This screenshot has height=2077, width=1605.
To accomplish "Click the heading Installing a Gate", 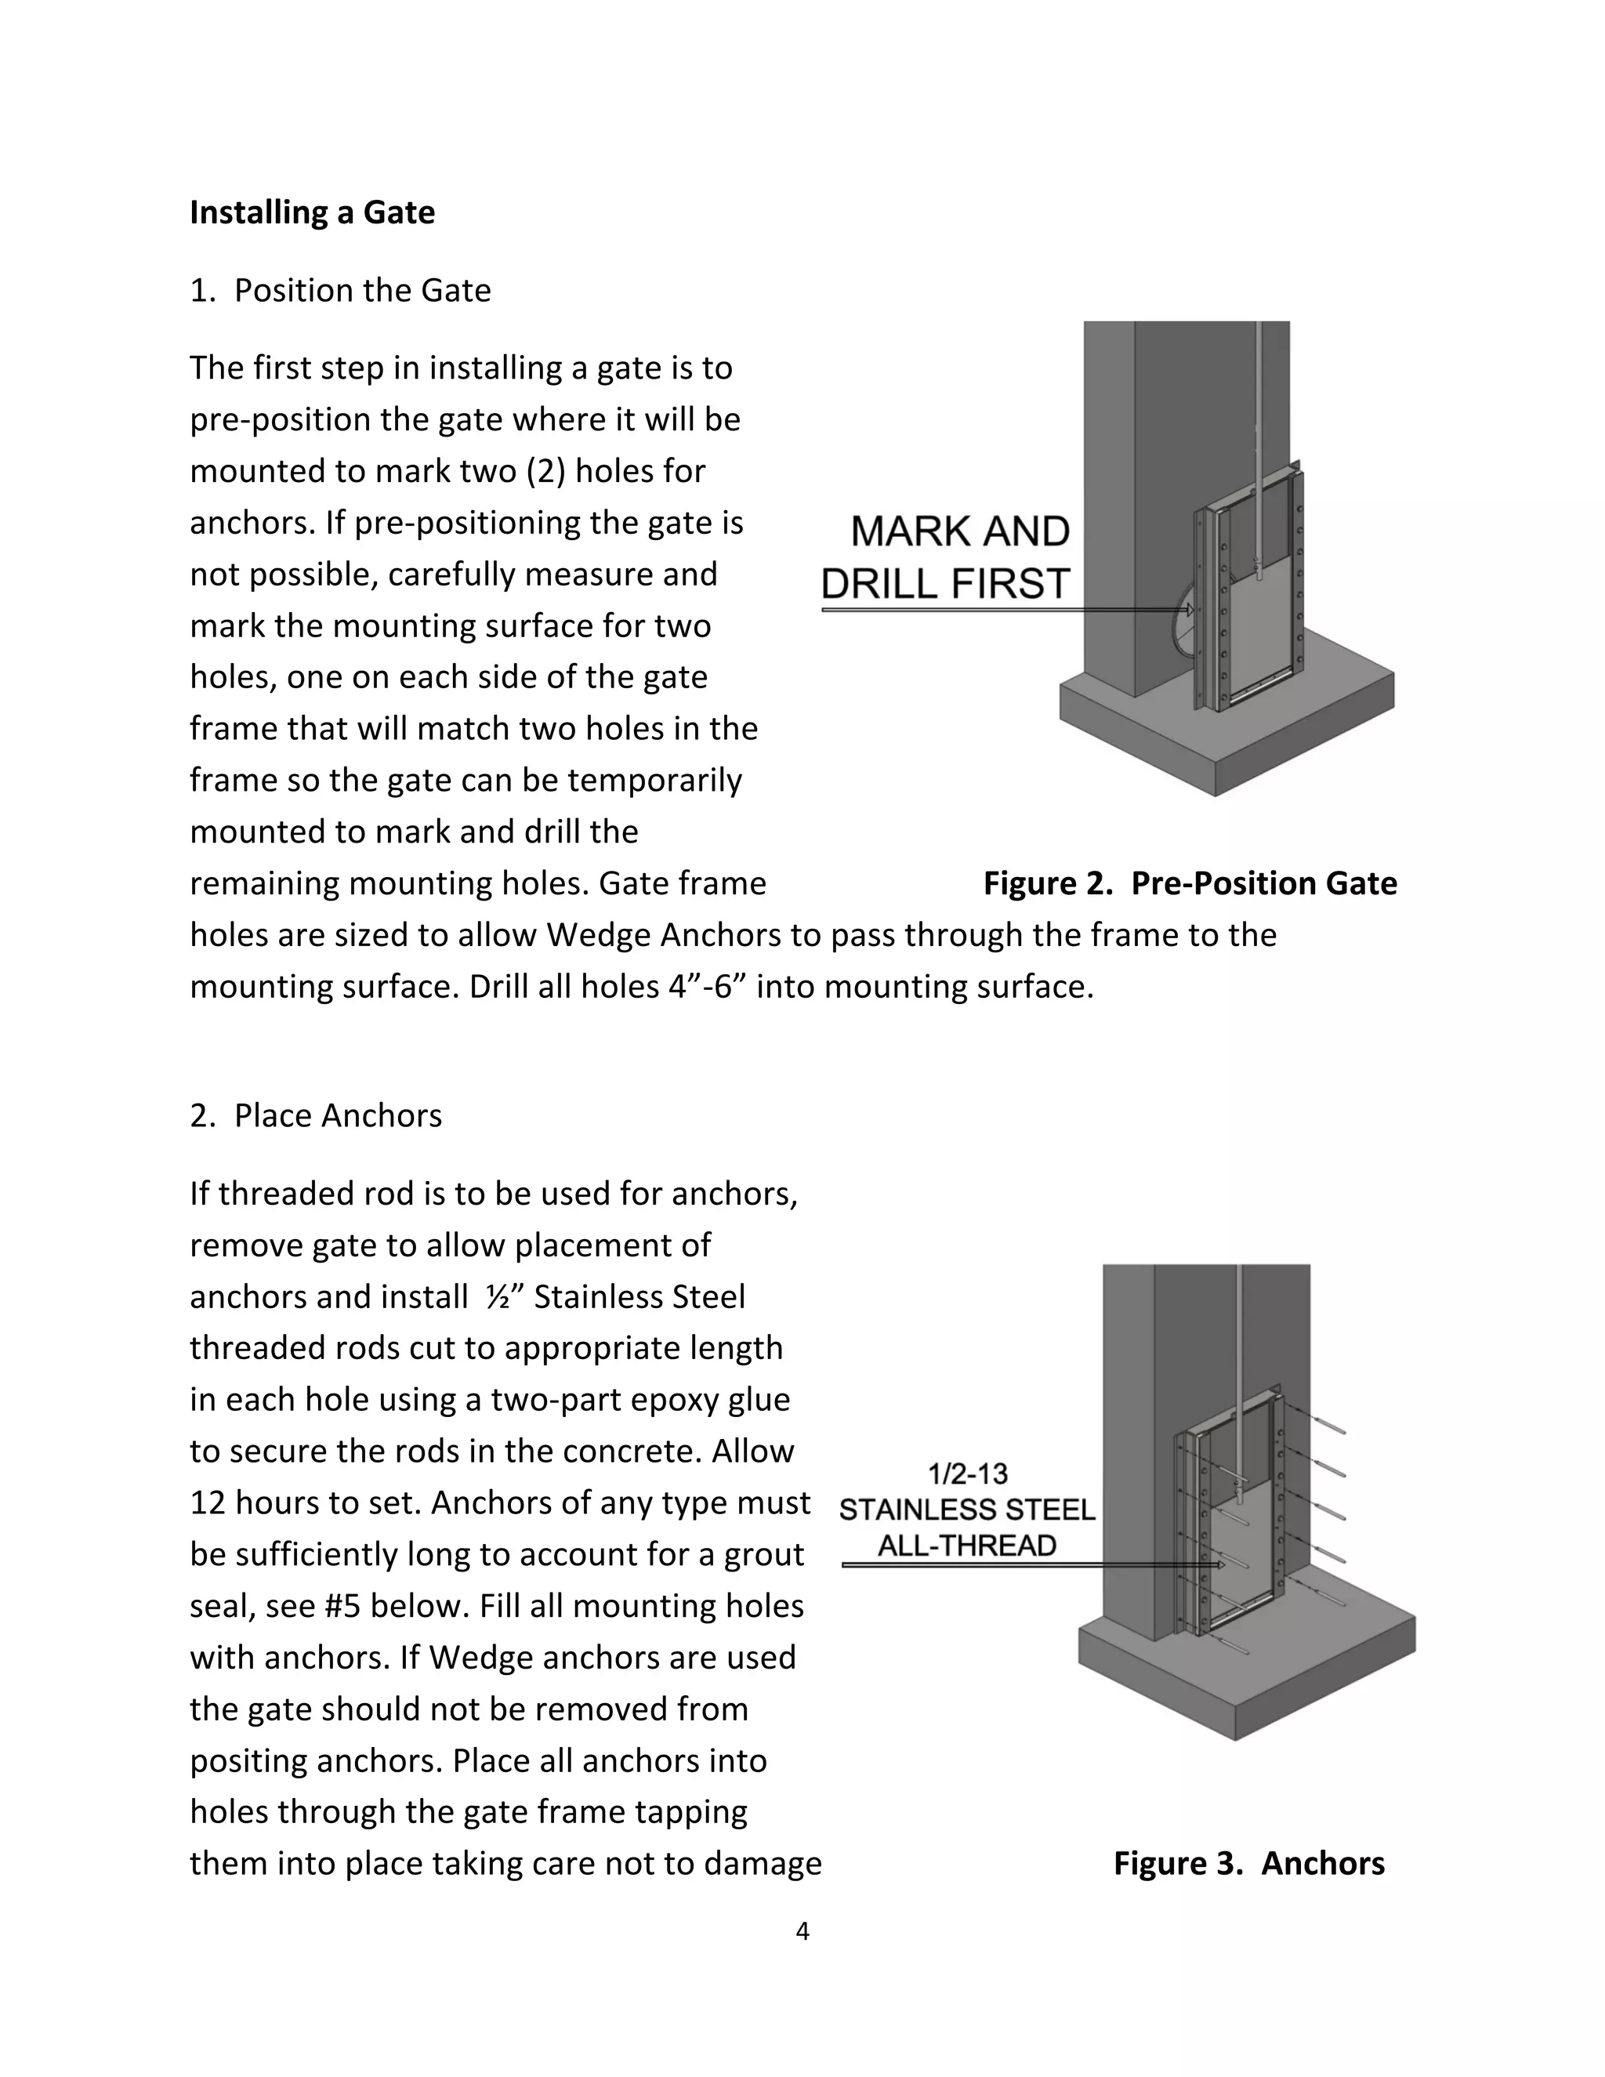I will [312, 212].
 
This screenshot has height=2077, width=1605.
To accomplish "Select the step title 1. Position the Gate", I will [340, 290].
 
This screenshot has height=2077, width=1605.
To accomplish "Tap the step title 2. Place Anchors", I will [316, 1115].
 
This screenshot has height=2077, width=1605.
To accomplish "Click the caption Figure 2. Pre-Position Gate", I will [1190, 883].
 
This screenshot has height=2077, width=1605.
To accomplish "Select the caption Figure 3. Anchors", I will [1248, 1863].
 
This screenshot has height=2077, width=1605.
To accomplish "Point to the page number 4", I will [802, 1931].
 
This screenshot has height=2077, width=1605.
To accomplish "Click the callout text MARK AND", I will [959, 531].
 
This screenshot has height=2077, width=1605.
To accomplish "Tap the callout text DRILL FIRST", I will [945, 584].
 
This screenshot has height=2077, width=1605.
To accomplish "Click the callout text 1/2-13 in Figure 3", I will [967, 1474].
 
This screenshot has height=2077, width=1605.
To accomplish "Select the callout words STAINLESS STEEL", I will [967, 1510].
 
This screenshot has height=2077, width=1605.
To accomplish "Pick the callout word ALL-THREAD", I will [967, 1546].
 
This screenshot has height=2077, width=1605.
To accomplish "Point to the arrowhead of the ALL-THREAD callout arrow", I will [1220, 1564].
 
